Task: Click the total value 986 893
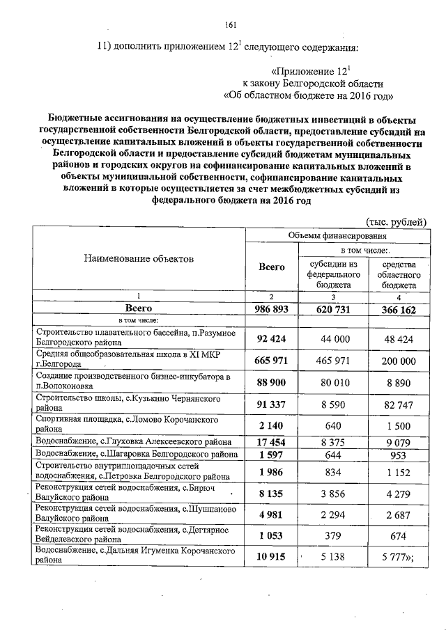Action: click(272, 308)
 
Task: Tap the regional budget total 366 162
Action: click(398, 309)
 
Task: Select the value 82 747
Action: click(398, 404)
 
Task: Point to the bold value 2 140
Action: click(272, 425)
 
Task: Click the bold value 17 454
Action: click(272, 441)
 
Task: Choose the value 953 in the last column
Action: click(398, 455)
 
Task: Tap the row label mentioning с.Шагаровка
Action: click(138, 454)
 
